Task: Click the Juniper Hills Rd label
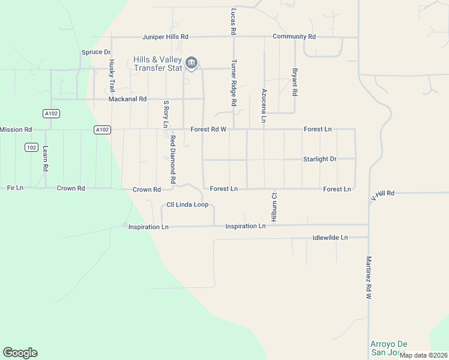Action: point(165,37)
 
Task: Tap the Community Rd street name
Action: point(294,37)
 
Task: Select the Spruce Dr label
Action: point(96,52)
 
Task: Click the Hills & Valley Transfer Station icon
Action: point(191,62)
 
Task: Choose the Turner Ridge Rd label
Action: point(234,83)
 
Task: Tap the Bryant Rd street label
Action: point(295,82)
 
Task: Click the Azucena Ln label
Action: point(264,106)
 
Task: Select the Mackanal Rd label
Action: point(127,99)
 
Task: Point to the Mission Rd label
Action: point(16,130)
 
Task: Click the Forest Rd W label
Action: point(208,129)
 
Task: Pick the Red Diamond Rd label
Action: point(172,159)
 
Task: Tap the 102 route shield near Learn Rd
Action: point(32,147)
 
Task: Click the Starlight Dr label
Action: point(320,159)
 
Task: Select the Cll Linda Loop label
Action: point(187,205)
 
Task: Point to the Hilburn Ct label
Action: point(273,207)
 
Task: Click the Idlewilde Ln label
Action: point(330,238)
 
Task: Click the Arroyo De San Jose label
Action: point(388,347)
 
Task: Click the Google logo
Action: point(20,353)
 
